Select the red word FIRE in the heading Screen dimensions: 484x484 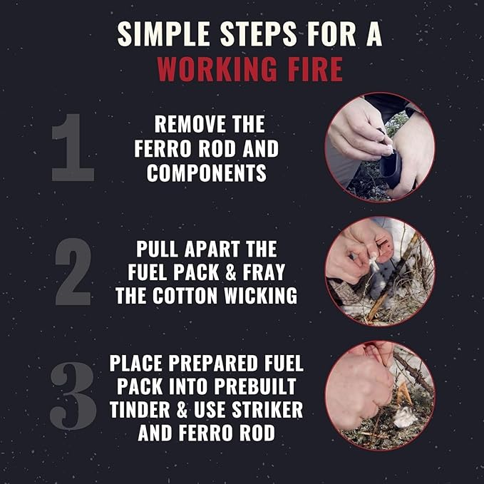coord(315,69)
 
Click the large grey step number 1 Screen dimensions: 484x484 coord(73,148)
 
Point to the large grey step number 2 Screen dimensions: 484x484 coord(73,272)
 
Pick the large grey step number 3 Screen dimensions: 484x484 coord(73,396)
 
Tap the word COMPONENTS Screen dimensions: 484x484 coord(207,173)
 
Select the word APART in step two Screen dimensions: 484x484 coord(212,249)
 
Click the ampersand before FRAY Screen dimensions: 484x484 coord(230,272)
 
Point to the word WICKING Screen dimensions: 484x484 coord(260,297)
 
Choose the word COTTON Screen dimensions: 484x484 coord(185,297)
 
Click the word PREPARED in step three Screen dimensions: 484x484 coord(212,364)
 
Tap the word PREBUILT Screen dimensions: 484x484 coord(255,386)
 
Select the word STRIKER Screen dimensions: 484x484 coord(267,411)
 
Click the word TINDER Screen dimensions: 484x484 coord(140,411)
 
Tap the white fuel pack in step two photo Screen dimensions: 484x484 coord(374,263)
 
